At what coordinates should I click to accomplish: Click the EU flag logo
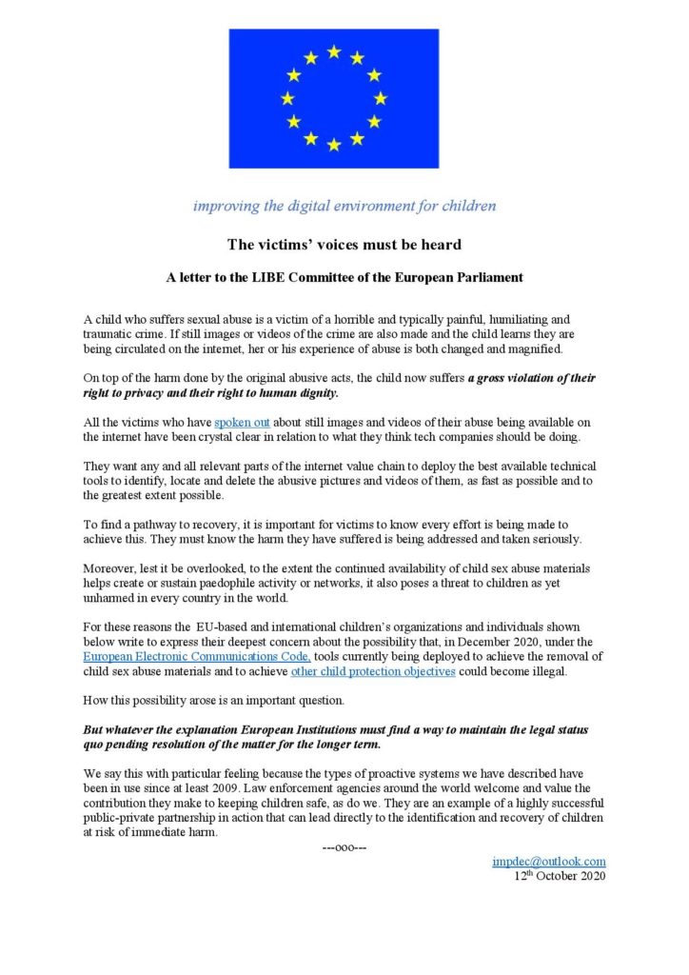coord(333,98)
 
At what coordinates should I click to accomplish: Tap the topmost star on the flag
coord(333,51)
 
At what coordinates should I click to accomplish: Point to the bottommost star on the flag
coord(333,145)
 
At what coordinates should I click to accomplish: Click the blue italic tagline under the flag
coord(344,206)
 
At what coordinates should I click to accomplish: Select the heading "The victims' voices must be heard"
coord(344,245)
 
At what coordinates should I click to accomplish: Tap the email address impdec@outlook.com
coord(549,862)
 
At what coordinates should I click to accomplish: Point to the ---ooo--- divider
coord(344,847)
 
